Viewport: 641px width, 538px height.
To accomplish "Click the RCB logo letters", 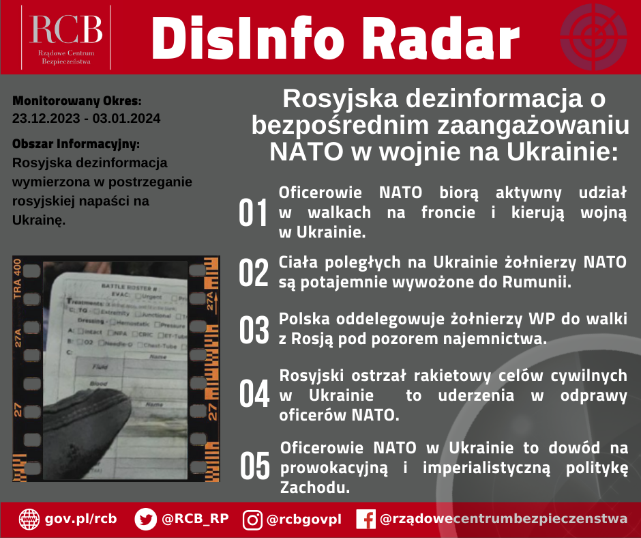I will (66, 29).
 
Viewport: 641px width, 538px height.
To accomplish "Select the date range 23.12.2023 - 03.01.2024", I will (87, 118).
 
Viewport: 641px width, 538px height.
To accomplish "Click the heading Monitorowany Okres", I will (77, 101).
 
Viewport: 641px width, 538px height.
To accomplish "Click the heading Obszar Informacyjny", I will (76, 145).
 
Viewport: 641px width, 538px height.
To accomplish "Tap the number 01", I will (254, 213).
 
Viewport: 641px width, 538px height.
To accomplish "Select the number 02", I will (254, 272).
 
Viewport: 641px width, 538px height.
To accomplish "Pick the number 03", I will (254, 330).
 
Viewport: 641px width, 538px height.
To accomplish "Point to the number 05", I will (254, 466).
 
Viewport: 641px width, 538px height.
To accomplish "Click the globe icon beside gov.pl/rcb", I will (29, 519).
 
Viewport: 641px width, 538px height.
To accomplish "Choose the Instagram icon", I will (252, 520).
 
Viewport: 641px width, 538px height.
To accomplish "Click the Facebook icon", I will (366, 520).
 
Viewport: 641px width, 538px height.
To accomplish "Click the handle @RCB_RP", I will (195, 519).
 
